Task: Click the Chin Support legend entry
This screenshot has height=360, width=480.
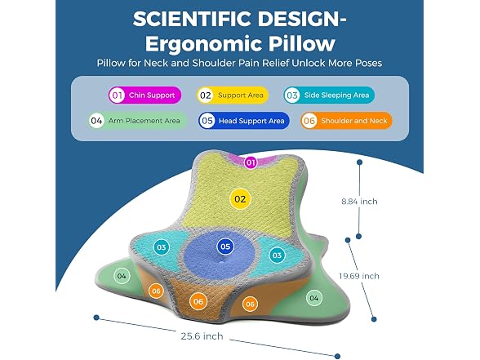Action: click(144, 96)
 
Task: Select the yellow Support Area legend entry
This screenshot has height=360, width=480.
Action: click(233, 96)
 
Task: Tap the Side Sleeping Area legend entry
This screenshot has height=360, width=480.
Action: click(329, 96)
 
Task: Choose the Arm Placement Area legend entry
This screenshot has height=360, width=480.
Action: click(137, 121)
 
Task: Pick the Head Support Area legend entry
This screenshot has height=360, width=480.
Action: click(243, 121)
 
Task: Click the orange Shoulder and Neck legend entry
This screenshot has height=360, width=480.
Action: click(346, 121)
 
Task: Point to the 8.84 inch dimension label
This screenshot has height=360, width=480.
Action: click(359, 202)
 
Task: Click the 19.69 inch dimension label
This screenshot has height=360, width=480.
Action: click(359, 276)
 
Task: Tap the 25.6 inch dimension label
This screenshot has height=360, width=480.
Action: click(202, 336)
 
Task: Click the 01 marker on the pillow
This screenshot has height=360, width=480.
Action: click(251, 162)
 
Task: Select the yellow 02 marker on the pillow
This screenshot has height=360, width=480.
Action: click(240, 199)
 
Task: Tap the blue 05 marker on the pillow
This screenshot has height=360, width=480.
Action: click(225, 247)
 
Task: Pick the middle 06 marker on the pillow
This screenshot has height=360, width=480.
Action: click(198, 302)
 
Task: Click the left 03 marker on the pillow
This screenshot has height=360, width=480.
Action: click(162, 247)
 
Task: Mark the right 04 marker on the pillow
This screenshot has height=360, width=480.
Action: click(313, 298)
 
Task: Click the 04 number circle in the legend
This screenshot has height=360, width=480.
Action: click(96, 121)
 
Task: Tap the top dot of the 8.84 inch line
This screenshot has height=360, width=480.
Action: click(360, 162)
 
